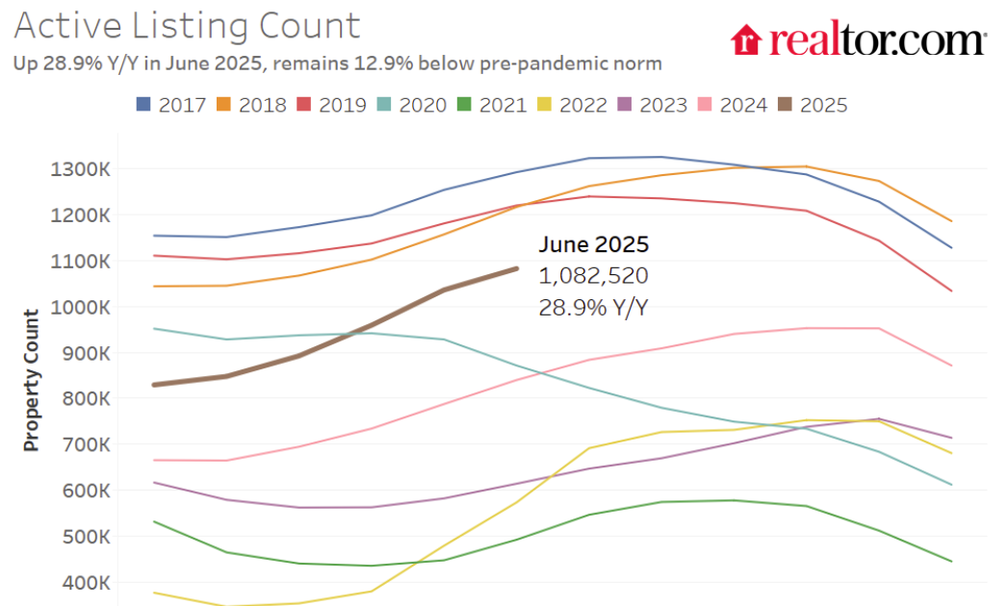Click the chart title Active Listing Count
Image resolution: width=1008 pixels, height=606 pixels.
coord(188,26)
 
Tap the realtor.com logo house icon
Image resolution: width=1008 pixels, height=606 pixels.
coord(746,40)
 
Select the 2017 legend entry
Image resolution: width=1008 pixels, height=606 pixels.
coord(170,105)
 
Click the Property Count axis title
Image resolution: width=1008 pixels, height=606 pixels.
coord(32,380)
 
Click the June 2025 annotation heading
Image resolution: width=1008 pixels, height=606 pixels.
coord(594,244)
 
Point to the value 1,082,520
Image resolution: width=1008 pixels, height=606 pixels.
coord(593,276)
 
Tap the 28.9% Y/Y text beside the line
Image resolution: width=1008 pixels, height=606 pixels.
coord(594,308)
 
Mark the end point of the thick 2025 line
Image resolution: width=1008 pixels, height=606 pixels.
coord(517,268)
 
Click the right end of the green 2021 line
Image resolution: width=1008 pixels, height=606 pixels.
coord(952,561)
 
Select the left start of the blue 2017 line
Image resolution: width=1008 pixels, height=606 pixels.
coord(154,235)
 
